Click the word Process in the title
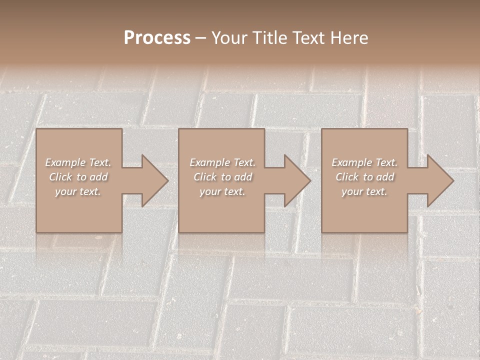point(157,38)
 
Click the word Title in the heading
point(270,38)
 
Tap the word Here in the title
point(348,38)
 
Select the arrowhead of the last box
point(439,181)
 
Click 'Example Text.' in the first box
point(78,162)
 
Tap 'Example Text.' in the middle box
point(222,162)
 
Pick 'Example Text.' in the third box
point(364,162)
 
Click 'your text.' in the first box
point(78,191)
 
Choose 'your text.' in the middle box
point(222,191)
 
